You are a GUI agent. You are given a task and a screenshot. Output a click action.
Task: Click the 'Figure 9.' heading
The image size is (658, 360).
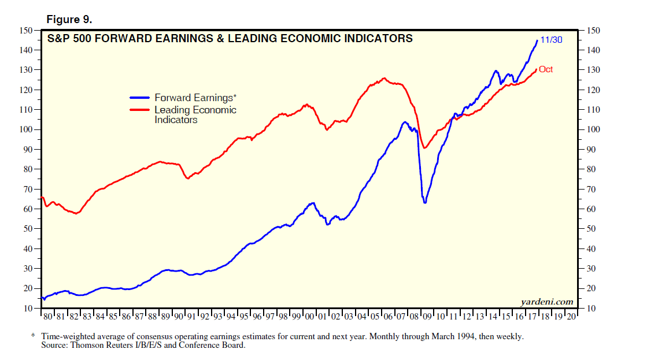point(69,19)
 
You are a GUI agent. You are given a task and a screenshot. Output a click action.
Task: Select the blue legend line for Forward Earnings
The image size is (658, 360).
point(141,98)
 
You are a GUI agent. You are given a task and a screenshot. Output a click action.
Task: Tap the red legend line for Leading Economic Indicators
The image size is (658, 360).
point(141,110)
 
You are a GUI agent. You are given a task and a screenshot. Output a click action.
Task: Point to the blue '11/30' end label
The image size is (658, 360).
point(552,40)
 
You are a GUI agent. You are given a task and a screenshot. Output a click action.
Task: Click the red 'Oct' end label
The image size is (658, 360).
point(546,69)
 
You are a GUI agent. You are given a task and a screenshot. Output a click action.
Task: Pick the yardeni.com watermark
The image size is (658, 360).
point(546,301)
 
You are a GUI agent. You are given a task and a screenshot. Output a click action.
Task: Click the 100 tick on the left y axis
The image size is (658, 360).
point(27,129)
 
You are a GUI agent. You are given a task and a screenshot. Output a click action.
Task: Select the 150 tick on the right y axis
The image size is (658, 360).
point(593,31)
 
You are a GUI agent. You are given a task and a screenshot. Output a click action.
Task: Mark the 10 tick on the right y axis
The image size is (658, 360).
point(591,309)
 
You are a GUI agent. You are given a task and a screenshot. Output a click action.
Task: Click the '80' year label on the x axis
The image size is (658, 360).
point(49,317)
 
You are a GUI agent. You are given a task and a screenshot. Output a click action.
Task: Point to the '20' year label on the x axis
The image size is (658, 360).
point(571,317)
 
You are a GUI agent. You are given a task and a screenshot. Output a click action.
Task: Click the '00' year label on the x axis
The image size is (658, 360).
point(309,317)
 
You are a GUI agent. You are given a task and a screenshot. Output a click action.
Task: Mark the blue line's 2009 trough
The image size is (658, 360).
point(425,202)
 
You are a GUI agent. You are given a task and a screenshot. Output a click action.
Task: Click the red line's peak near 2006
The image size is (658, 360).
point(385,78)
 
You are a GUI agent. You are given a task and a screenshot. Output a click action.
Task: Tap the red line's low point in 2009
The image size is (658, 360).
point(424,148)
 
